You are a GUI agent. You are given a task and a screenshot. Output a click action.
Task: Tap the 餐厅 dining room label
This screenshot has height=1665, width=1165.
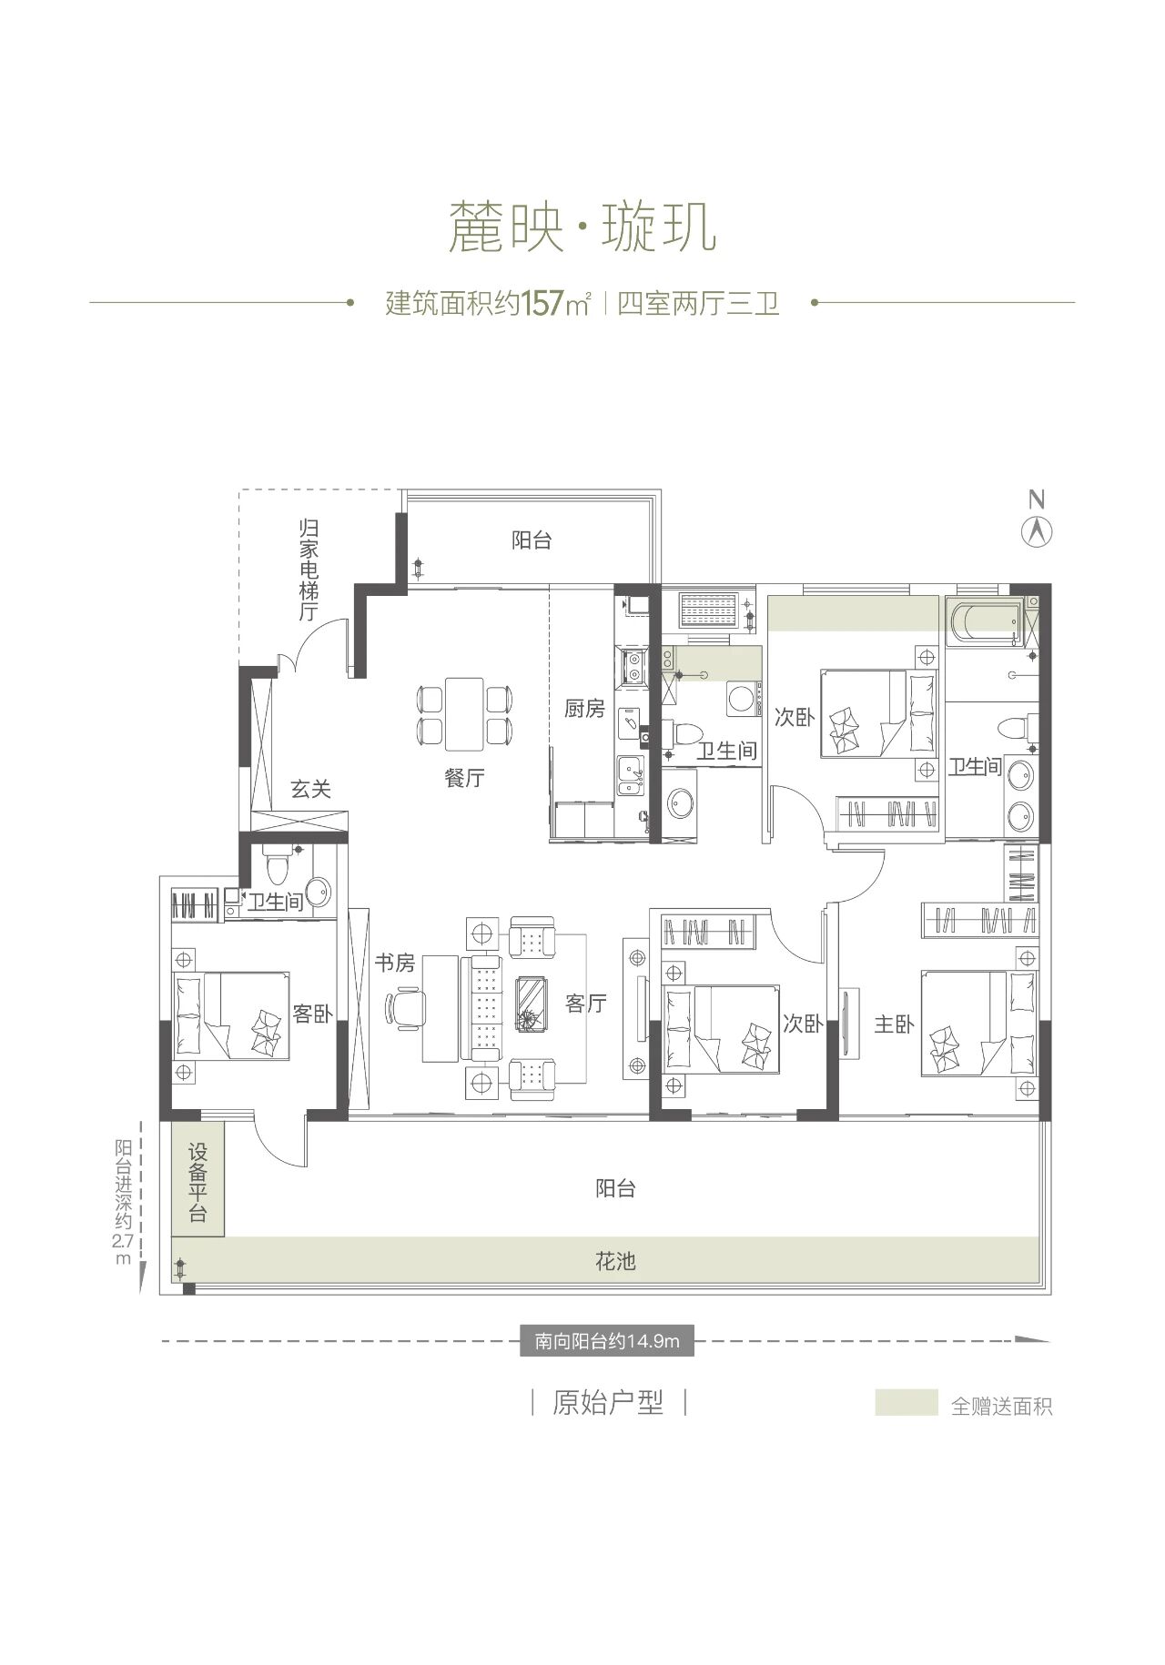coord(465,778)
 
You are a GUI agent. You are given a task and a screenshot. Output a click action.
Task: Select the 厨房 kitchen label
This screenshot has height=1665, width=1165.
coord(584,708)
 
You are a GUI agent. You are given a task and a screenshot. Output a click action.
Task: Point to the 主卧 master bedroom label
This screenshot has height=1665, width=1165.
coord(894,1024)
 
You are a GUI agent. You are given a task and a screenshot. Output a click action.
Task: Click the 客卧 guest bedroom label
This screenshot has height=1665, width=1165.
coord(312,1014)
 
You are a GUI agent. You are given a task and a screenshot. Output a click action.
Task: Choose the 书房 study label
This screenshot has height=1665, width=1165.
coord(395,963)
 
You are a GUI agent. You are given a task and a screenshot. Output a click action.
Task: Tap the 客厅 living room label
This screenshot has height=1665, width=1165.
coord(586,1004)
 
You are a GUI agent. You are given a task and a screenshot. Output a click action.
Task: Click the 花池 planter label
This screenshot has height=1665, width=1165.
coord(615,1261)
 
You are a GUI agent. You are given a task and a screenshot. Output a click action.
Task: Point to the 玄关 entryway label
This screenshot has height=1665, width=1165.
coord(311,789)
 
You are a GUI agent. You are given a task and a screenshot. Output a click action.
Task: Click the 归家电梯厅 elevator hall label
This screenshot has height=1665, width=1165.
coord(310,570)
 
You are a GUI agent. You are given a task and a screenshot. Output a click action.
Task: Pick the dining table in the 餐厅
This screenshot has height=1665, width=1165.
coord(464,713)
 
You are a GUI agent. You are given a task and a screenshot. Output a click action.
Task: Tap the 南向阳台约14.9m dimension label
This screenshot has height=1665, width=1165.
coord(607,1340)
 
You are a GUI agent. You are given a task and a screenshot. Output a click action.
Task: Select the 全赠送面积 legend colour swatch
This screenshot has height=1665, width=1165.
coord(906,1402)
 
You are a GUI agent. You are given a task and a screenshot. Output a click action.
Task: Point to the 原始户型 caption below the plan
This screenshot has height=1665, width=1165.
coord(608,1402)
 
